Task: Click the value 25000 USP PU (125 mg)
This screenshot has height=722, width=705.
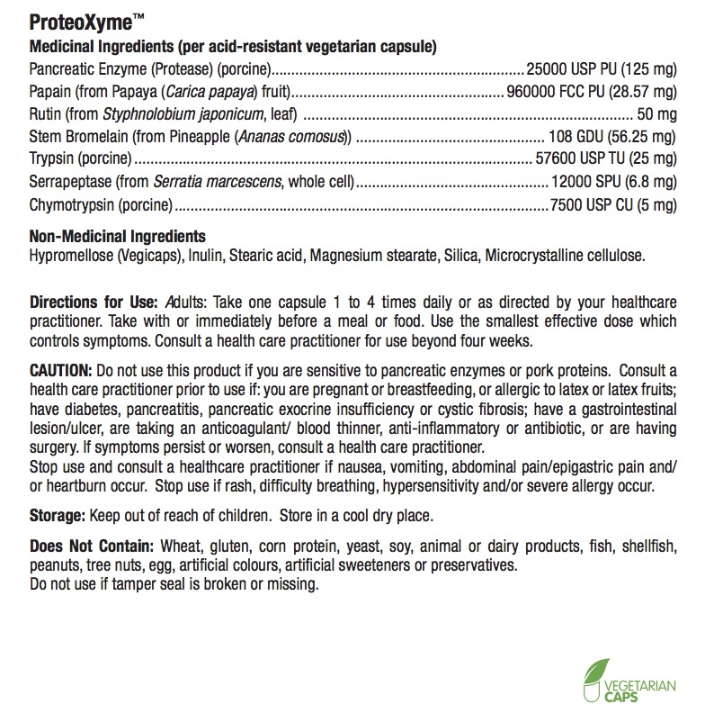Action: point(601,68)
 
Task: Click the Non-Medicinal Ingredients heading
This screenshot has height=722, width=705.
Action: point(118,237)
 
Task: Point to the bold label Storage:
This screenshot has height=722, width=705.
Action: point(58,516)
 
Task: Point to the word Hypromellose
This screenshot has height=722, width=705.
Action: point(71,256)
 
